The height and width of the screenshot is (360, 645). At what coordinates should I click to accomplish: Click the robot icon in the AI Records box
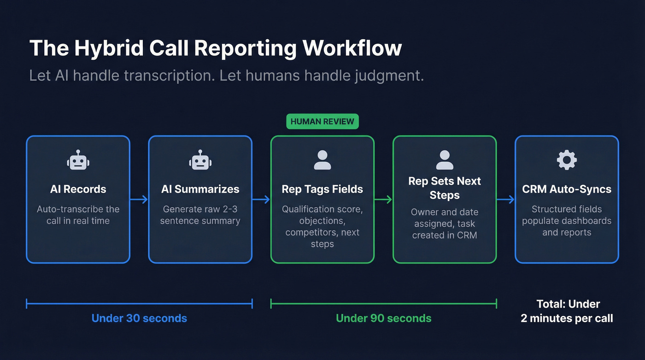78,160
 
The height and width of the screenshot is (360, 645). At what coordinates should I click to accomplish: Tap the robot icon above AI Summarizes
200,160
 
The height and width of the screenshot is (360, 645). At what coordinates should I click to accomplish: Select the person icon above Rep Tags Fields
322,160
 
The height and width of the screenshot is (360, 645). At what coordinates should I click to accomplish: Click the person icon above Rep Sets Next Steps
444,160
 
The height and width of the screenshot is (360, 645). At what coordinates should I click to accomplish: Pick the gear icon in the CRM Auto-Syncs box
566,160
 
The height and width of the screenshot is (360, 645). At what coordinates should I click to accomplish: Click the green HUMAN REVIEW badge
322,122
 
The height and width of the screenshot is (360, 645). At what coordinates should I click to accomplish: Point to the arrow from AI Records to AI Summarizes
139,200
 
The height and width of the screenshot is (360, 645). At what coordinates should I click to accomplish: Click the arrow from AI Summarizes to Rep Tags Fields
261,200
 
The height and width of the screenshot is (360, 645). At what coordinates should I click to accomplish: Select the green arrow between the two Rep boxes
383,200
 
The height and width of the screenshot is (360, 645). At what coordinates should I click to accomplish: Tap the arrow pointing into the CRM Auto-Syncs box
505,200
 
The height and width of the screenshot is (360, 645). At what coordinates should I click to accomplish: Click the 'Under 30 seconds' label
139,318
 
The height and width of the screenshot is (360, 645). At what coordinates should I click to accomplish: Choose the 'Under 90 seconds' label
383,318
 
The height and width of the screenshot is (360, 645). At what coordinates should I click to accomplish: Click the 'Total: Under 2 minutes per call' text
567,311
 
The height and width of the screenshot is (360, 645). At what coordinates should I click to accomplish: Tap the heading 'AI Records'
78,189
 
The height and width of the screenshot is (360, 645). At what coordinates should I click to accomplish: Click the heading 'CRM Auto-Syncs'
566,189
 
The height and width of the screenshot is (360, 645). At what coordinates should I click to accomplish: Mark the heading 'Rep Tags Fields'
322,189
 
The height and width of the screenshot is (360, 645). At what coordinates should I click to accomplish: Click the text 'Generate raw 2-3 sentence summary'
200,215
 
